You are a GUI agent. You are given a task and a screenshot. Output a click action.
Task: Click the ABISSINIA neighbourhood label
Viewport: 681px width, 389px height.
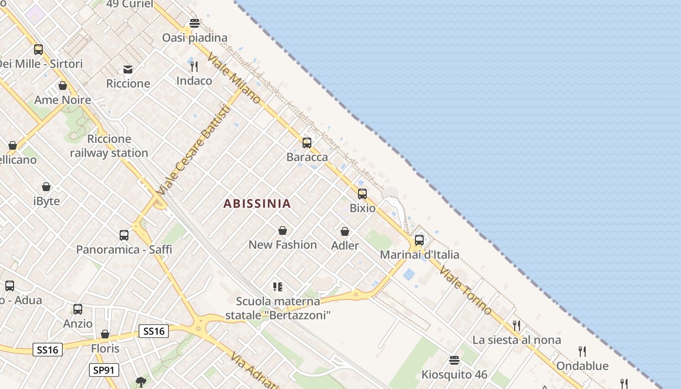pos(257,204)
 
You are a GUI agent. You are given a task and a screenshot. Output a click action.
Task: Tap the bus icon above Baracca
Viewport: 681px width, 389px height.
pos(307,142)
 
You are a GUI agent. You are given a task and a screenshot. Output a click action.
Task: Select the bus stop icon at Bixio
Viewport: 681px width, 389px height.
pos(362,194)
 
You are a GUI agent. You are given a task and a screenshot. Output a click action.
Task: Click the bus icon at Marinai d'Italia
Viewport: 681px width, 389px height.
pos(419,240)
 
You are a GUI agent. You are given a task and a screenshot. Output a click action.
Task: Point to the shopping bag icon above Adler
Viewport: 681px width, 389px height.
pos(345,231)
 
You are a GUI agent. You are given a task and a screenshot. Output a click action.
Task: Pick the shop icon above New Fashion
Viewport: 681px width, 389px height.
pos(283,230)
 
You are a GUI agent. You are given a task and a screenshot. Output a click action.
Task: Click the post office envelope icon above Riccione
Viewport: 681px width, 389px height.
pos(128,70)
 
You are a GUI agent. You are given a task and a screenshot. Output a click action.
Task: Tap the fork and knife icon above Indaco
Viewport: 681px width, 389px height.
pos(194,66)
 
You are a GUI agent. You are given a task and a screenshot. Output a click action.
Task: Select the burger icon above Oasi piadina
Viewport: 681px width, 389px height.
pos(195,23)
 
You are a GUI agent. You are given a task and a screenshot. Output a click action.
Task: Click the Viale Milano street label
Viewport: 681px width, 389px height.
pos(234,78)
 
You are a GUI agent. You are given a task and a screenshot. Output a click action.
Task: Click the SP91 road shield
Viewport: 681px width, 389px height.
pos(104,370)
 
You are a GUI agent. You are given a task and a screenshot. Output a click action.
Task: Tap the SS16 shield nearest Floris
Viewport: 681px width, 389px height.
pos(154,331)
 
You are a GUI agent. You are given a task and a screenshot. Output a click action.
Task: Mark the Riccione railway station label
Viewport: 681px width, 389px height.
pos(109,146)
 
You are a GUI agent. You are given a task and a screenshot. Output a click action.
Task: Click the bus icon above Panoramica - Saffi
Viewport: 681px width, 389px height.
pos(124,235)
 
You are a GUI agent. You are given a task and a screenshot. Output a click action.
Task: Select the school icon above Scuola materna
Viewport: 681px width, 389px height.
pos(278,287)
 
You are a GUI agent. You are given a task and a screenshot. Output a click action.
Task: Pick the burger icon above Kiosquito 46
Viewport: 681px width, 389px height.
pos(454,360)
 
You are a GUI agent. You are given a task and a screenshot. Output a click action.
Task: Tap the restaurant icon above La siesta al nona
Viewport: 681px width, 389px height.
pos(517,325)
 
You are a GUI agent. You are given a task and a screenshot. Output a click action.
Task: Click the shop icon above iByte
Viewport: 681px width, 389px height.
pos(46,187)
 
